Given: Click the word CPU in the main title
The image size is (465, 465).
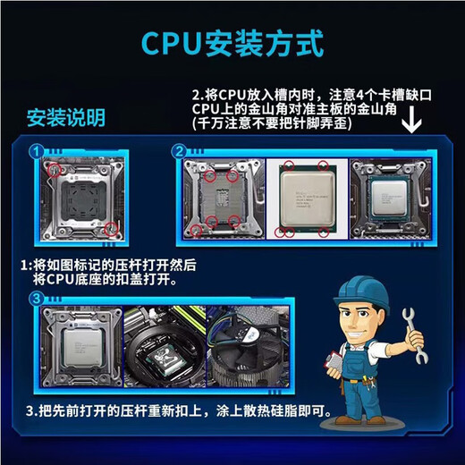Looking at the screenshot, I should click(x=171, y=44).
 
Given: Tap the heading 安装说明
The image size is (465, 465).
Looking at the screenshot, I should click(x=64, y=117).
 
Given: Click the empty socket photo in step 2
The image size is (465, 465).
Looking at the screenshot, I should click(x=224, y=199).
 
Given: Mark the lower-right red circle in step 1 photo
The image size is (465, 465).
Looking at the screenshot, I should click(x=110, y=230).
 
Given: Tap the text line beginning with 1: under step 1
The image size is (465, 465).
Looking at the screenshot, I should click(x=107, y=265).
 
